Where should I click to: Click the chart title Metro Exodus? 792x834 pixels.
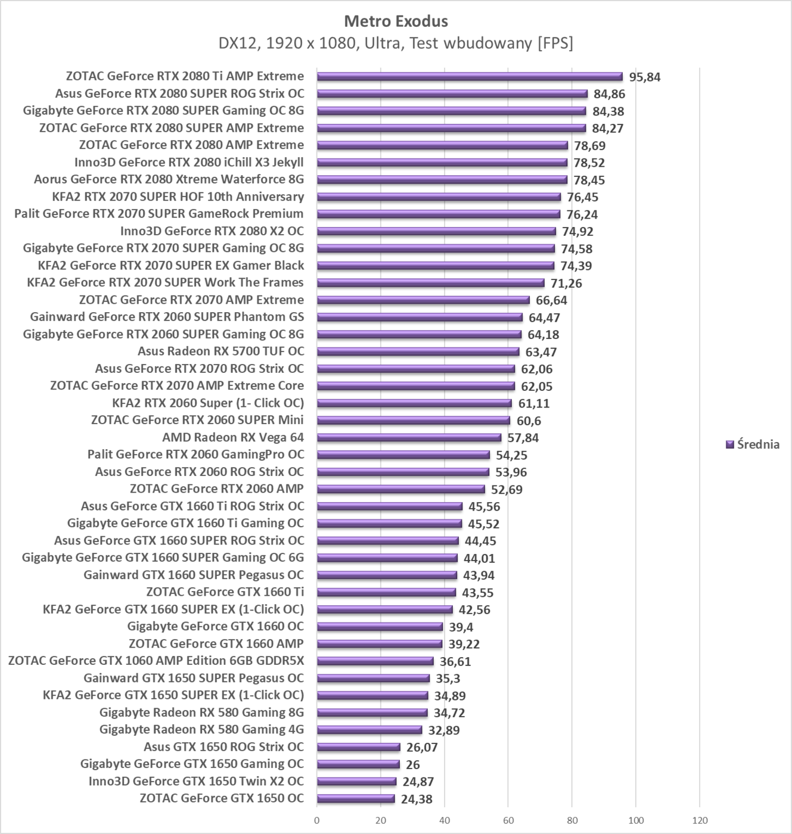pos(396,21)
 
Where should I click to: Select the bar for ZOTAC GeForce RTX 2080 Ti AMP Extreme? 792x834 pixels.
pos(470,76)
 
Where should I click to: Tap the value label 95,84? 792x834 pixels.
pos(645,77)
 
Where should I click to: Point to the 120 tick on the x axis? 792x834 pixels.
pos(700,820)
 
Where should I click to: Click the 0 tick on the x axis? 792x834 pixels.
pos(317,820)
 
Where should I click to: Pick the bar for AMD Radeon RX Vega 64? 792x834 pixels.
pos(409,438)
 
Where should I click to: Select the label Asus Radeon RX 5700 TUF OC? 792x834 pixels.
pos(220,351)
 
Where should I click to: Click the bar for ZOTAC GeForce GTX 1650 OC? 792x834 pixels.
pos(356,799)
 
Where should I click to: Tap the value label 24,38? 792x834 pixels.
pos(417,799)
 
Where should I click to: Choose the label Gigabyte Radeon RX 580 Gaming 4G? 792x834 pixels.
pos(201,730)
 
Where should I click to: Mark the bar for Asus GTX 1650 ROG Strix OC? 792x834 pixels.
pos(358,747)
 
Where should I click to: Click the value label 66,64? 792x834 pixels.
pos(551,300)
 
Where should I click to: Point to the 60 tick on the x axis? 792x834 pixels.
pos(508,820)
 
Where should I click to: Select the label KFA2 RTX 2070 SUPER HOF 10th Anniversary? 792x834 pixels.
pos(178,197)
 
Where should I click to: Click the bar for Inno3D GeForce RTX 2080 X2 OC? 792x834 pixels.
pos(436,231)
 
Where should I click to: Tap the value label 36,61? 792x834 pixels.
pos(455,661)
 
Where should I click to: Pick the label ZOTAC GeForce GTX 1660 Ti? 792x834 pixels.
pos(225,592)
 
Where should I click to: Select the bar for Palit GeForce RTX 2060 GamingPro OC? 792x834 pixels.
pos(403,455)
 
